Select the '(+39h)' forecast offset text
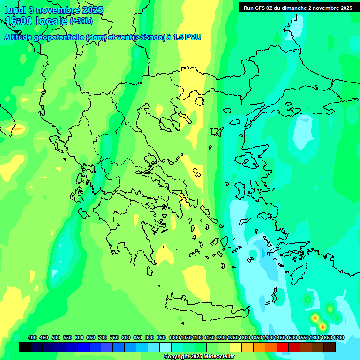(x=81, y=21)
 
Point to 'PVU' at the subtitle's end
(x=193, y=37)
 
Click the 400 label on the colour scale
(x=32, y=337)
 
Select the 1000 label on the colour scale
(x=174, y=337)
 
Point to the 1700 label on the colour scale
(x=338, y=337)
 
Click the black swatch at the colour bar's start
(x=25, y=347)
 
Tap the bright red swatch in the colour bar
(x=283, y=347)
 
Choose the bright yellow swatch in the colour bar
(x=236, y=347)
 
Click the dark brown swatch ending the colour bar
(x=330, y=347)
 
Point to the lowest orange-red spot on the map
(x=322, y=326)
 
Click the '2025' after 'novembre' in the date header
(x=93, y=10)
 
